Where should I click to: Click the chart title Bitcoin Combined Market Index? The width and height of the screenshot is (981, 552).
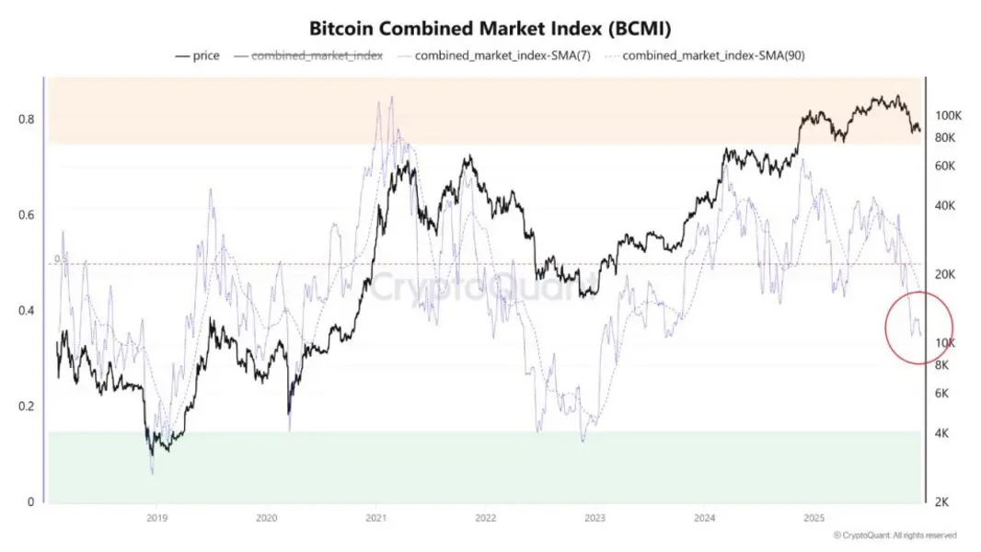490,28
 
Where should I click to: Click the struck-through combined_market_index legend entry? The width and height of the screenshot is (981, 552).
317,55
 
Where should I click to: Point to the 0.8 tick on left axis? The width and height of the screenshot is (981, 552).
27,120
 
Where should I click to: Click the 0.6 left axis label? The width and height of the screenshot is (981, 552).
27,215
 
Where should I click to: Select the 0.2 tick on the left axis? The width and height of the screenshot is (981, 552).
27,407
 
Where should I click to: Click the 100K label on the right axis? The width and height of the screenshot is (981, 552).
948,116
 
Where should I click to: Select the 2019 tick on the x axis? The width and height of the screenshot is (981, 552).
156,518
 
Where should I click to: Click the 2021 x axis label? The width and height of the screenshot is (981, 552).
375,518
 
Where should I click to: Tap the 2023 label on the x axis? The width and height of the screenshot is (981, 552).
594,518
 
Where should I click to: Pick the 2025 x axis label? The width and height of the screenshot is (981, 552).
814,518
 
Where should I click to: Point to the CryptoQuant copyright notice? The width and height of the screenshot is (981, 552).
894,535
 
